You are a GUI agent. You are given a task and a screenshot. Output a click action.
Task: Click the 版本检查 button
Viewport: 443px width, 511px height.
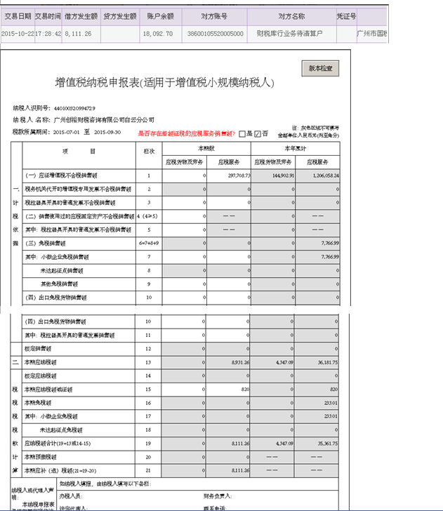click(x=323, y=68)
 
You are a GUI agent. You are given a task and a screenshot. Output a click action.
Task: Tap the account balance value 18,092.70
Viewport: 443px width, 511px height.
click(x=157, y=33)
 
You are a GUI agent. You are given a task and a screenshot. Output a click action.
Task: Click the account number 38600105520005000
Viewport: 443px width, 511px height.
click(x=216, y=33)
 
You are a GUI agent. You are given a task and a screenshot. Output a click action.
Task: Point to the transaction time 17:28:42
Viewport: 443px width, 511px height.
click(x=48, y=33)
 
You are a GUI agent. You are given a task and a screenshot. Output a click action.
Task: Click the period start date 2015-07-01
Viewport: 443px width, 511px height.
click(x=67, y=132)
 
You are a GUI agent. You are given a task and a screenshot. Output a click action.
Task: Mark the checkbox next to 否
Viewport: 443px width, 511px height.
click(x=258, y=133)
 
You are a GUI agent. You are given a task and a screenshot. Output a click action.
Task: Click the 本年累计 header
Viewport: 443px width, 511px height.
click(x=295, y=148)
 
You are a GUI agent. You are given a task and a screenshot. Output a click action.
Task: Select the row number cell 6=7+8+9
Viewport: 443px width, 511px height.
click(x=149, y=244)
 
